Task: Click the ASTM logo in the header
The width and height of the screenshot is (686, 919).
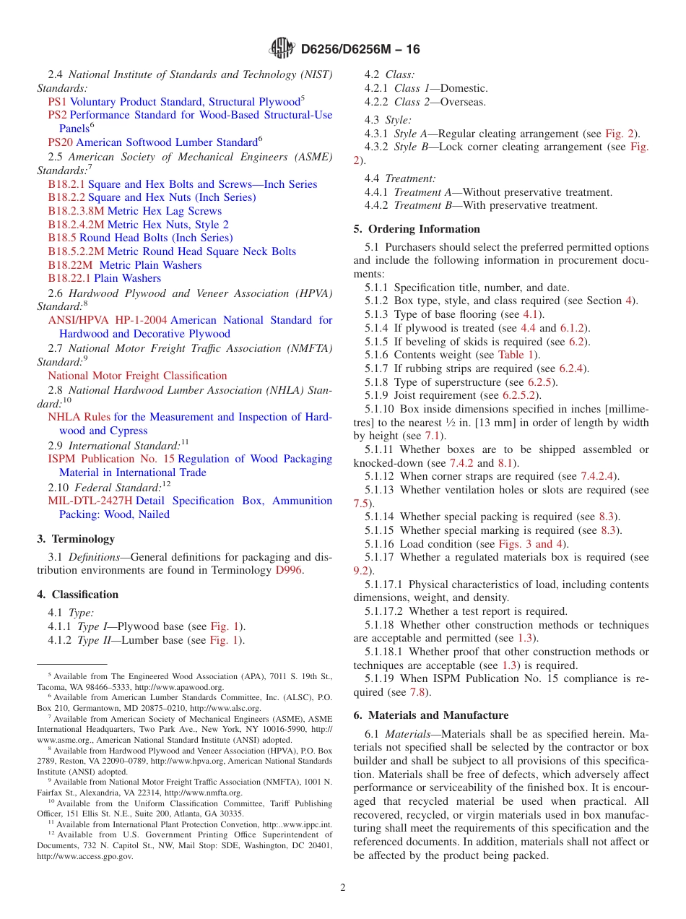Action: pos(282,48)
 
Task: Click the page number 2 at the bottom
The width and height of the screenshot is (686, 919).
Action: pos(343,887)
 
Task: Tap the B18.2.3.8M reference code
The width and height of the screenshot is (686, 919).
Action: pos(76,211)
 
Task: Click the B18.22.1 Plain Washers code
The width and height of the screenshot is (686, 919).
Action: pos(69,278)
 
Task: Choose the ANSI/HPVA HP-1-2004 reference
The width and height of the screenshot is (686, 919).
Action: pos(108,320)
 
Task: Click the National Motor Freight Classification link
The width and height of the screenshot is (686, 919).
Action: pos(137,376)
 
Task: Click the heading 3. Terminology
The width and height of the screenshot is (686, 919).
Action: pos(76,539)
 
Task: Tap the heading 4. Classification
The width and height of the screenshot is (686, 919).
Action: pos(78,595)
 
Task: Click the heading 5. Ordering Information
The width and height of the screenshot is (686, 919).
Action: pos(417,229)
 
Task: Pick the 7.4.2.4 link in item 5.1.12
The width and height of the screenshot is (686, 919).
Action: pos(599,476)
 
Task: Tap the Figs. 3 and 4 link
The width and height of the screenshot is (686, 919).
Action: pos(531,543)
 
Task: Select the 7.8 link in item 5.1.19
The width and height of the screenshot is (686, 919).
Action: pos(417,692)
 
